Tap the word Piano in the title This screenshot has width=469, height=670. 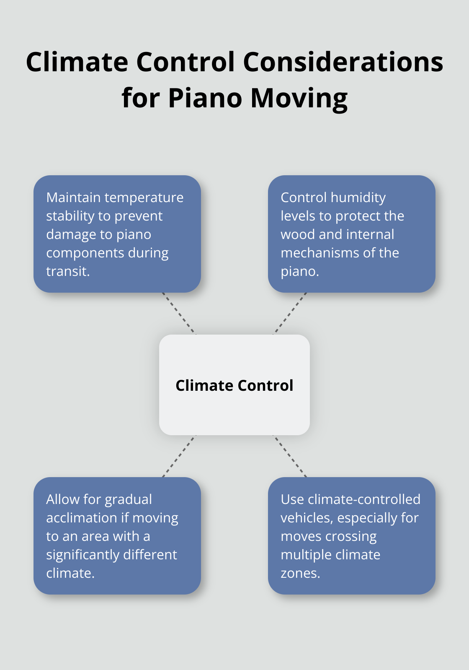205,98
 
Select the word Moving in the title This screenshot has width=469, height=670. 299,98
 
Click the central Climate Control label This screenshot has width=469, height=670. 234,385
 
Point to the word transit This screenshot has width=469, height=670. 68,271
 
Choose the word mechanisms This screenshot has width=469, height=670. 322,253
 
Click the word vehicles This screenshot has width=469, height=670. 307,518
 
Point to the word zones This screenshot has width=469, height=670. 300,573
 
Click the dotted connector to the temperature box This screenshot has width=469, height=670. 179,313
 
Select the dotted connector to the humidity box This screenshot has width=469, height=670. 290,313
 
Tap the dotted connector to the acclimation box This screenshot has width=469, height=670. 179,456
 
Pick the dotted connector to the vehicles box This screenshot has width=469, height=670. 290,456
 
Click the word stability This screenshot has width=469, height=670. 70,216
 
